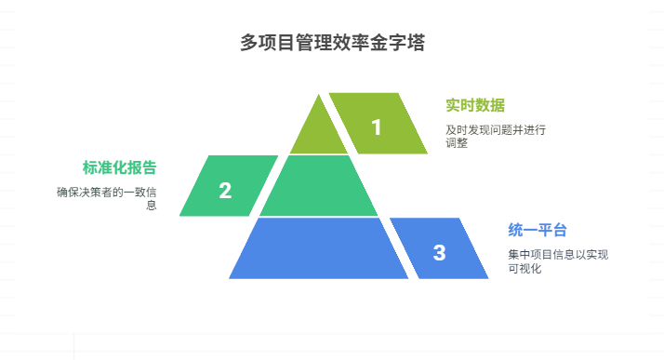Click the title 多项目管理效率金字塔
[332, 44]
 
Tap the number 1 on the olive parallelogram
[377, 127]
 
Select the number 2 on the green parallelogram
[225, 191]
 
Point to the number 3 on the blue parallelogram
[439, 252]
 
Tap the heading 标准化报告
[119, 167]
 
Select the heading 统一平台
[538, 231]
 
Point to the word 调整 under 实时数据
[457, 144]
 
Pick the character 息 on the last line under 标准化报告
[151, 207]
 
